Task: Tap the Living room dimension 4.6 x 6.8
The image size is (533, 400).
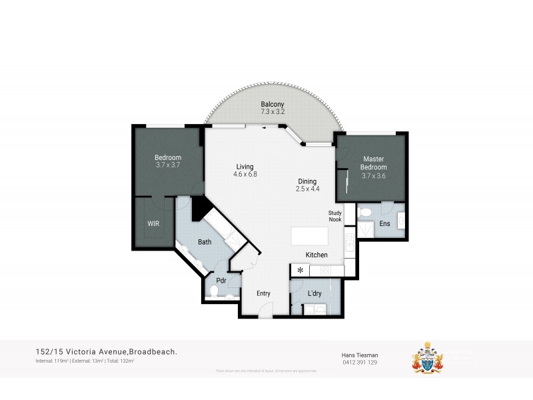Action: (245, 174)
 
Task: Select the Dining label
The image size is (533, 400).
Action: (307, 181)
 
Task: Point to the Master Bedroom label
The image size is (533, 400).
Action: (373, 163)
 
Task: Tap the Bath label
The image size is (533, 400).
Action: (205, 242)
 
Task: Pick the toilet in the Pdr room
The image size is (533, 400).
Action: (215, 291)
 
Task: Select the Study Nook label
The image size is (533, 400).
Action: (334, 216)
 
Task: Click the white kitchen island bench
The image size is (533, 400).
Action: (310, 237)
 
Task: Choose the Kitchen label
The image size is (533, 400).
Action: (316, 255)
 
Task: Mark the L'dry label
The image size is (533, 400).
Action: (315, 293)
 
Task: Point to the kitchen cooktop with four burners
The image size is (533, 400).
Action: (326, 271)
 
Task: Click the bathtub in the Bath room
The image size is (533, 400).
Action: (219, 227)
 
